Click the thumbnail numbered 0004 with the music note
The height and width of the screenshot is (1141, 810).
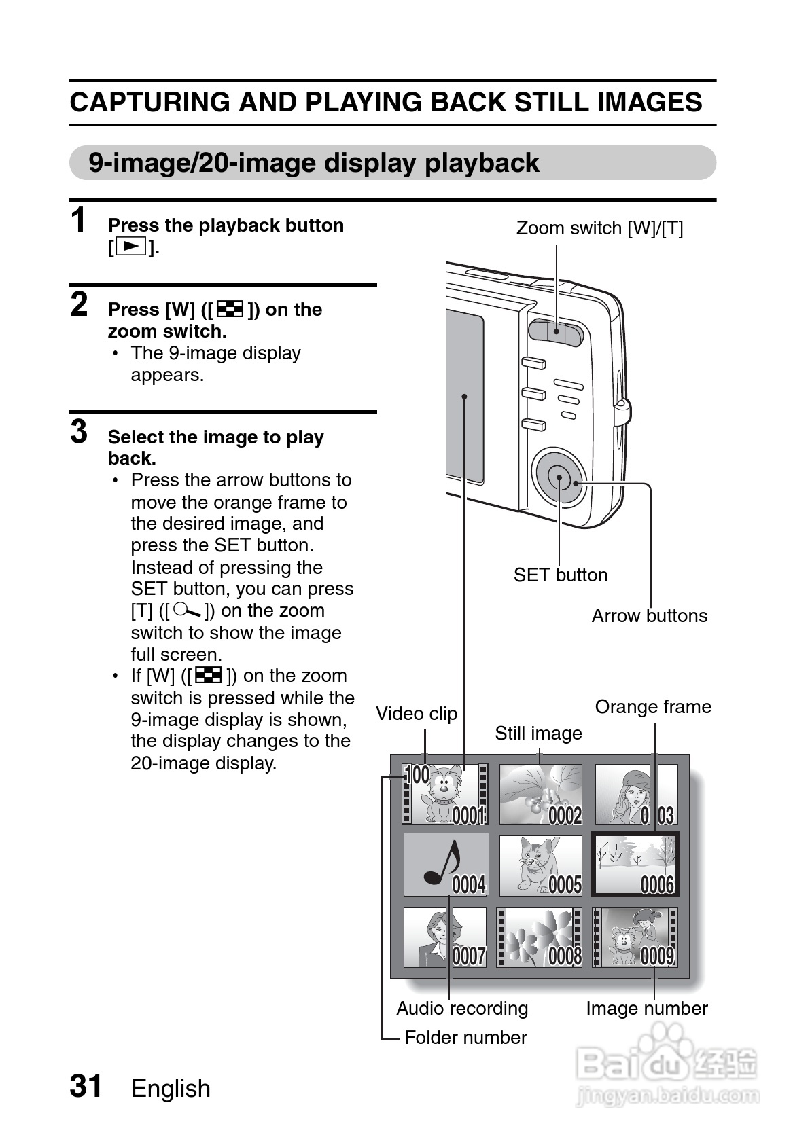click(446, 865)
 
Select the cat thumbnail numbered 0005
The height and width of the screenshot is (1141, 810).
click(541, 865)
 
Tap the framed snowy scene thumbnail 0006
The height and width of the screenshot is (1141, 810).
click(635, 865)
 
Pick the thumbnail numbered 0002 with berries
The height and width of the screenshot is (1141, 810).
click(541, 794)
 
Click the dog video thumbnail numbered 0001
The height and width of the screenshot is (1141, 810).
click(446, 794)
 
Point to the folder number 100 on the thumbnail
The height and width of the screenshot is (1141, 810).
click(417, 774)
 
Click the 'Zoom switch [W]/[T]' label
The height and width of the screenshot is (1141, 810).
click(599, 228)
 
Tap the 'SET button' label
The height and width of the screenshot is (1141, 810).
click(561, 575)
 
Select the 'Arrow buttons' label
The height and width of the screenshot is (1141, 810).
click(649, 616)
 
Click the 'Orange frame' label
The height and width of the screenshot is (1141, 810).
click(653, 707)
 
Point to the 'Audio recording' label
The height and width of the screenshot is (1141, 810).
click(462, 1009)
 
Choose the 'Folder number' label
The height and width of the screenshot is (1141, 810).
click(465, 1038)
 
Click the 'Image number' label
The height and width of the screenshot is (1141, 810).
click(647, 1009)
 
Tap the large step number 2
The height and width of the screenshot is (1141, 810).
click(80, 304)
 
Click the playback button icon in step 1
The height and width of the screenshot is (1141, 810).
click(130, 247)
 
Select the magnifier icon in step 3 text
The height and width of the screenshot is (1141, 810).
click(188, 611)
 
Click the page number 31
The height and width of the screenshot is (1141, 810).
click(86, 1086)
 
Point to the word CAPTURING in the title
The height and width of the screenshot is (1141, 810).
click(150, 103)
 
